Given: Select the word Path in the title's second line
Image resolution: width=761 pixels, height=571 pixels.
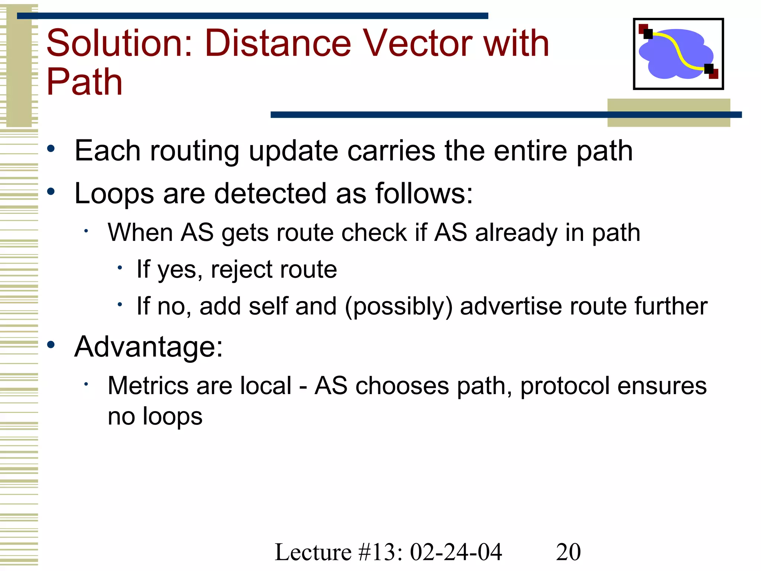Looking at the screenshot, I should (84, 83).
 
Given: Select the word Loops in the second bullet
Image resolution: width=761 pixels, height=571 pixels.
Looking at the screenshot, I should (114, 194).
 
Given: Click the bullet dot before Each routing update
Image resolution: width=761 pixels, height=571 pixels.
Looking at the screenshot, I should (51, 149).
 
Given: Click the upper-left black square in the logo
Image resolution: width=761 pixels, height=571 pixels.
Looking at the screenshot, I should (648, 34).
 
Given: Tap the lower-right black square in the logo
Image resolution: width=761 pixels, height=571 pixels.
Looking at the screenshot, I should (709, 69).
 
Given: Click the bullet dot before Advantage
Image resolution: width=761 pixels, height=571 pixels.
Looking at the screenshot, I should (51, 345).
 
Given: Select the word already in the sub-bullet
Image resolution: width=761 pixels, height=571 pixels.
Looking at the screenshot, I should (516, 233).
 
